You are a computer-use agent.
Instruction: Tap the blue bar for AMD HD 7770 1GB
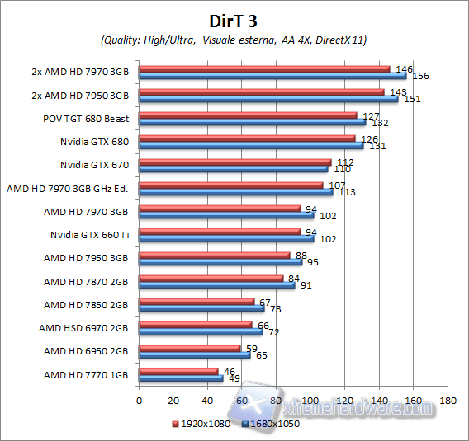pos(181,378)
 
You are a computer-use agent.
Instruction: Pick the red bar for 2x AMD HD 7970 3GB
pos(264,68)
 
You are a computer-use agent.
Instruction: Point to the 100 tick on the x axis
pos(310,401)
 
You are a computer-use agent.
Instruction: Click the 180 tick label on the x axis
pos(448,401)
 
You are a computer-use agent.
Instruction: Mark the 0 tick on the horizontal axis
pos(139,401)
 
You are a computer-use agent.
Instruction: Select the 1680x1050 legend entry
pos(271,424)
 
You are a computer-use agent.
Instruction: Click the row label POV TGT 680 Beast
pos(86,118)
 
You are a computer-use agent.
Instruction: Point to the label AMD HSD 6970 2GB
pos(83,328)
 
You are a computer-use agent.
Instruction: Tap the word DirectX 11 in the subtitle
pos(342,40)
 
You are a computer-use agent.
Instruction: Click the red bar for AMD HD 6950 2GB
pos(190,349)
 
